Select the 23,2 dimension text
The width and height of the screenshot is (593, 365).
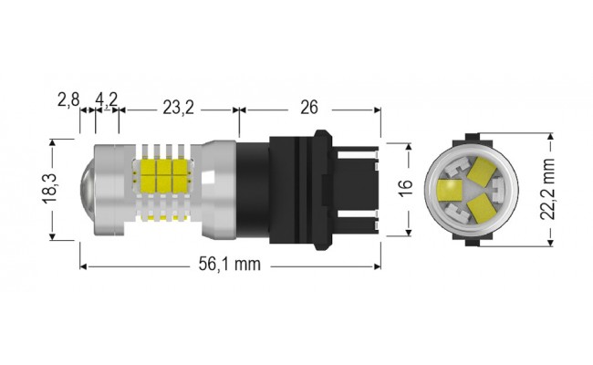pyautogui.click(x=178, y=108)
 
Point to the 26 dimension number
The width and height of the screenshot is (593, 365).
pyautogui.click(x=308, y=108)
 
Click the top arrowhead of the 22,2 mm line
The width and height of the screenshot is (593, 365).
pyautogui.click(x=550, y=136)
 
